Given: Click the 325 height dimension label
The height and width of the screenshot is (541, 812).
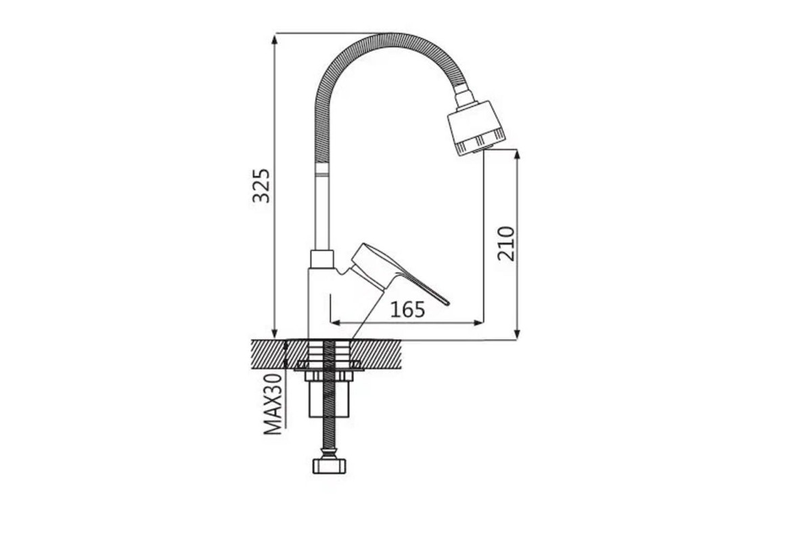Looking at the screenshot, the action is pyautogui.click(x=261, y=185).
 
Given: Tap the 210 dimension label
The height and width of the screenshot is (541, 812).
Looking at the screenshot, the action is pyautogui.click(x=505, y=243).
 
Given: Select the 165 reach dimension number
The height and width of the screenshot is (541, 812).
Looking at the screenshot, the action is pyautogui.click(x=407, y=310).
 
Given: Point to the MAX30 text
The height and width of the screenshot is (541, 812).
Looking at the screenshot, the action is pyautogui.click(x=273, y=404).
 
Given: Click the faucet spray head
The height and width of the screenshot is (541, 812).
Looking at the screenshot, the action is pyautogui.click(x=476, y=128).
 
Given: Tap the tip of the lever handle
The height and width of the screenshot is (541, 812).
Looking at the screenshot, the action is pyautogui.click(x=448, y=304).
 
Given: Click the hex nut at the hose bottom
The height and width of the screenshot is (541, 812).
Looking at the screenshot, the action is pyautogui.click(x=329, y=466).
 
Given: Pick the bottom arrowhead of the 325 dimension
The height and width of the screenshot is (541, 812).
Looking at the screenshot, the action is pyautogui.click(x=275, y=333).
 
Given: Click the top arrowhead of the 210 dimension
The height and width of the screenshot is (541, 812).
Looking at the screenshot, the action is pyautogui.click(x=517, y=155).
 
